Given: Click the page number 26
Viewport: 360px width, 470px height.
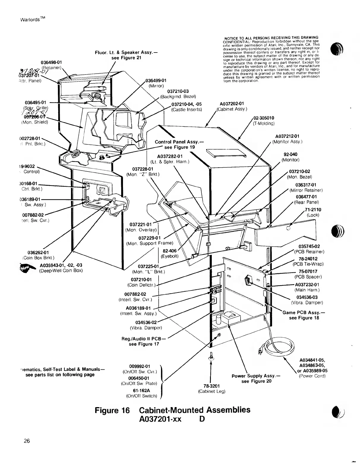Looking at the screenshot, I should [27, 441].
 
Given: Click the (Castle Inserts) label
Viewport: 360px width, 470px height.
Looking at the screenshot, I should [187, 109].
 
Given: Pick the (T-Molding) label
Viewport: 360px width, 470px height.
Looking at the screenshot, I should [264, 124].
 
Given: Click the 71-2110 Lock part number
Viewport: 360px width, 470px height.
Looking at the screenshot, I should [313, 210].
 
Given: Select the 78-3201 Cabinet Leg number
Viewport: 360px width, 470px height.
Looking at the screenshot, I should [211, 386].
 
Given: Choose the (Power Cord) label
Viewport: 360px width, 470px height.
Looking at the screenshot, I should [312, 376].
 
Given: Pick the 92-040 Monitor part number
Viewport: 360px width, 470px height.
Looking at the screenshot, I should [290, 154].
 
